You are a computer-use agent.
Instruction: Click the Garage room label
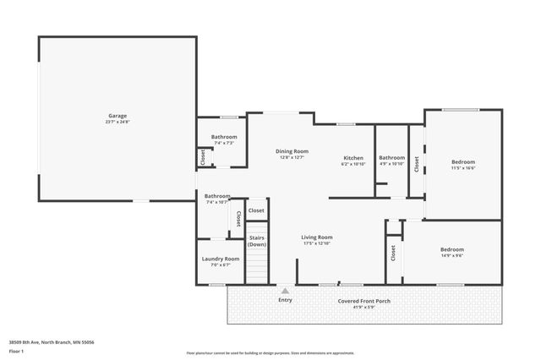[x=117, y=116]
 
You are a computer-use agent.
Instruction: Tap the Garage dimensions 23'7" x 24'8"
[x=117, y=122]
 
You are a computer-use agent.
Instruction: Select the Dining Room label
[x=291, y=150]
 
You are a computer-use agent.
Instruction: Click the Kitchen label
[x=352, y=157]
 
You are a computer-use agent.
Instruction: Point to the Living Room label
[x=317, y=237]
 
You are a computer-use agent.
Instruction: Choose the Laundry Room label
[x=219, y=259]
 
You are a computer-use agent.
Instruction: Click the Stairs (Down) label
[x=257, y=241]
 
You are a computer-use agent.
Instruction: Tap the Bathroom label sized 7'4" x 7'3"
[x=224, y=137]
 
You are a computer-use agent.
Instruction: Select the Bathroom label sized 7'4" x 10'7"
[x=217, y=196]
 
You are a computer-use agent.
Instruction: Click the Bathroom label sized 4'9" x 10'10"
[x=391, y=157]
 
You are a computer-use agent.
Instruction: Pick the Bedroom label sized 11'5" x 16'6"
[x=462, y=161]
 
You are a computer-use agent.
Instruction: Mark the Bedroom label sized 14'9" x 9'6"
[x=451, y=249]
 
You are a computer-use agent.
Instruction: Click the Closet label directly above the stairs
[x=256, y=210]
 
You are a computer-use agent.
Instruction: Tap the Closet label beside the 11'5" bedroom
[x=416, y=164]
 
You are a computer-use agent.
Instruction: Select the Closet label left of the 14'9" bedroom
[x=393, y=253]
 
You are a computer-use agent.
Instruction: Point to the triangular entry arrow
[x=285, y=291]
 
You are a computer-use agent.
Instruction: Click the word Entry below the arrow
[x=285, y=300]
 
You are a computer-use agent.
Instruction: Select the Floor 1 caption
[x=16, y=351]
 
